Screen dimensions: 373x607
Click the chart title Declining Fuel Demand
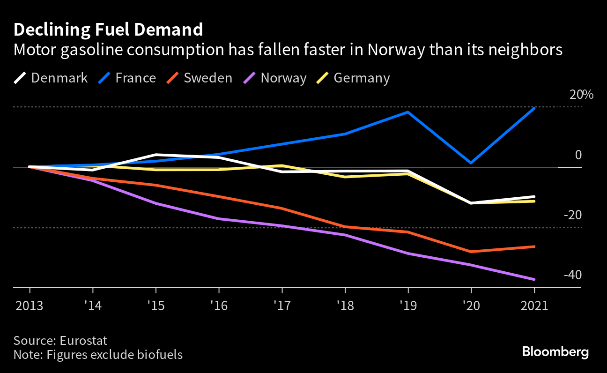pyautogui.click(x=108, y=30)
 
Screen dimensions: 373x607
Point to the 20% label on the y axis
pyautogui.click(x=581, y=95)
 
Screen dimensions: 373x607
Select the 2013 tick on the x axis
pyautogui.click(x=30, y=306)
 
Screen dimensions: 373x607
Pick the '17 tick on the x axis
pyautogui.click(x=282, y=306)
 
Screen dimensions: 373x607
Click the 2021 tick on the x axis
pyautogui.click(x=534, y=306)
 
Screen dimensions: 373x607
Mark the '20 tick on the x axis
pyautogui.click(x=471, y=306)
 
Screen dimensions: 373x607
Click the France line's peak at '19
pyautogui.click(x=408, y=112)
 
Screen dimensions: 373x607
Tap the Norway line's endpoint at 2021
pyautogui.click(x=534, y=279)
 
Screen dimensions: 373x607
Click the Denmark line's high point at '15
pyautogui.click(x=155, y=155)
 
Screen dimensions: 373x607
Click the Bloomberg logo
pyautogui.click(x=555, y=351)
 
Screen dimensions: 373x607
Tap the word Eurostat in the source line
pyautogui.click(x=87, y=340)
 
